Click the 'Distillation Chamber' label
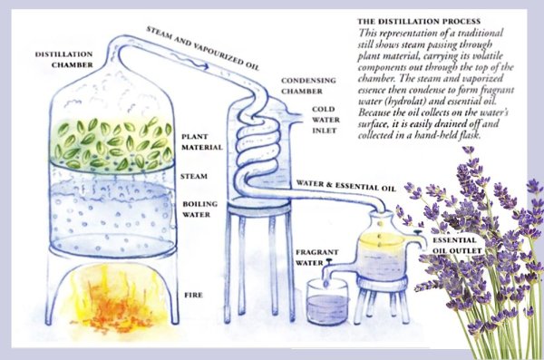point(63,59)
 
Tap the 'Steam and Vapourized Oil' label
point(202,48)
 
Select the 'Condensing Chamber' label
point(308,86)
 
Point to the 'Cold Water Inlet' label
point(325,120)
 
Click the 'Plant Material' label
point(202,142)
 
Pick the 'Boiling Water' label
point(199,209)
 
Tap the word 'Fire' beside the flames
point(193,295)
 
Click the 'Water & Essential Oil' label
point(346,186)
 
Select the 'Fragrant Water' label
point(316,258)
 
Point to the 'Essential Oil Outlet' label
point(457,246)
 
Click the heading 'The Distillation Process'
point(419,22)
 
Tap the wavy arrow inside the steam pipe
point(189,61)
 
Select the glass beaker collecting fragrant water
point(326,302)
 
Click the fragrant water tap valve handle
point(328,260)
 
